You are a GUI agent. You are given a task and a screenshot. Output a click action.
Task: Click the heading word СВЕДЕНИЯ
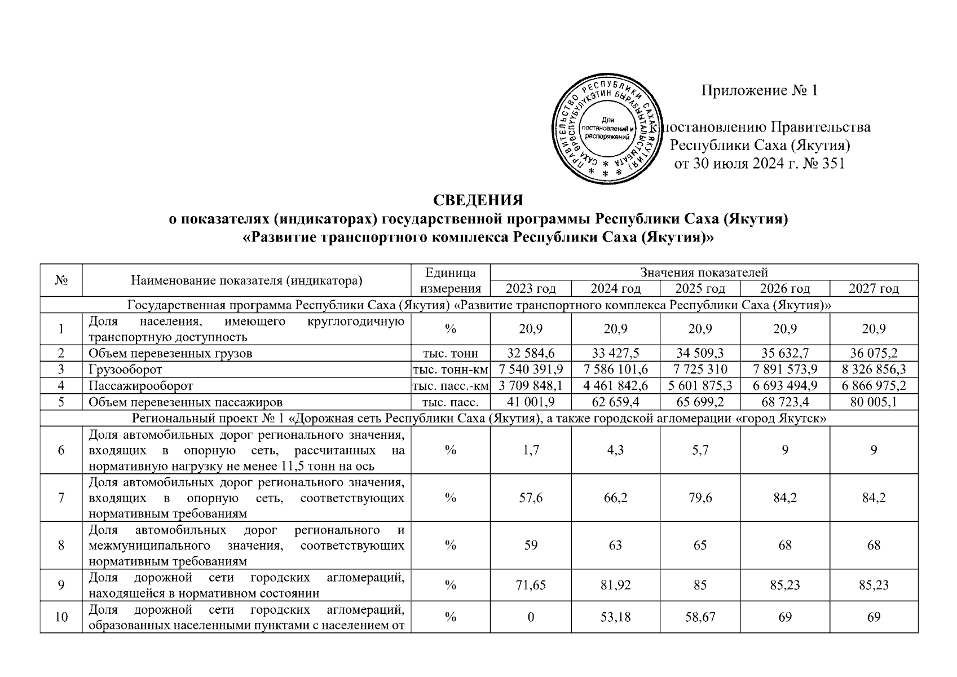tap(478, 201)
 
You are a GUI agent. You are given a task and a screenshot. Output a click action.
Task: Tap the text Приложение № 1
tap(759, 91)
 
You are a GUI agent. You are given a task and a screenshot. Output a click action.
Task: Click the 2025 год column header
tap(700, 289)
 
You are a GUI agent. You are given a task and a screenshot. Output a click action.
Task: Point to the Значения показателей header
tap(704, 273)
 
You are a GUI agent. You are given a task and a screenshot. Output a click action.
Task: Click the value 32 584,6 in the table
tap(531, 354)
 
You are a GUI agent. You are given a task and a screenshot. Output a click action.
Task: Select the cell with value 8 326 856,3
tap(874, 370)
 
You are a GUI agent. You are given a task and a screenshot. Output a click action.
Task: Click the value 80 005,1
tap(874, 402)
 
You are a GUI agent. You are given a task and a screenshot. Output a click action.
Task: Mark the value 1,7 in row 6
tap(531, 450)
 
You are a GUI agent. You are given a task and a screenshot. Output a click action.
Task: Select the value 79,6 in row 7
tap(700, 498)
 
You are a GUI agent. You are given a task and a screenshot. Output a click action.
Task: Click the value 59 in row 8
tap(531, 546)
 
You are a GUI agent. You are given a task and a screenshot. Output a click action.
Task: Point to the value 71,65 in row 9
tap(531, 585)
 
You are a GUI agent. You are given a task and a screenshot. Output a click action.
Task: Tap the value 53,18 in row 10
tap(615, 617)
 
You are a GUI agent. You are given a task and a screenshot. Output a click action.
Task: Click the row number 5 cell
tap(61, 402)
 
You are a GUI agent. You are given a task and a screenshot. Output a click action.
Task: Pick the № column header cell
tap(61, 280)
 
